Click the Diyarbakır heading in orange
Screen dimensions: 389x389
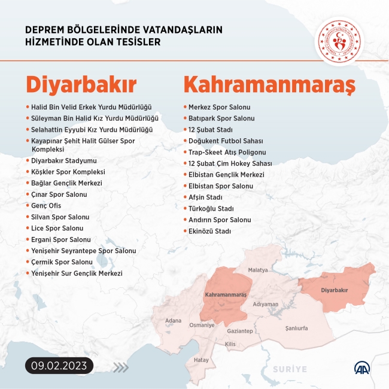[x=81, y=84]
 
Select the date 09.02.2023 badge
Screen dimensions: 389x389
[x=60, y=365]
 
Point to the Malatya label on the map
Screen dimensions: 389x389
[x=258, y=271]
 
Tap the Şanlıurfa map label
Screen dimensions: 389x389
[x=296, y=329]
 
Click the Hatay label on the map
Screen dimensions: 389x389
[x=201, y=360]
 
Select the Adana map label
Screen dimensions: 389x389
[x=173, y=321]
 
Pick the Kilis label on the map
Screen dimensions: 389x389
[x=230, y=344]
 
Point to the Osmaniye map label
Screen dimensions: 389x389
[x=202, y=325]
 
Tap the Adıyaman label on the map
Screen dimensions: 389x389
[x=266, y=304]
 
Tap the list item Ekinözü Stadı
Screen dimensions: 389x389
[x=209, y=231]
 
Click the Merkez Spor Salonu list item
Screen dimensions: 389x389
[x=219, y=107]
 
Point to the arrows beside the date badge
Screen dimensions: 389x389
[x=120, y=367]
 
